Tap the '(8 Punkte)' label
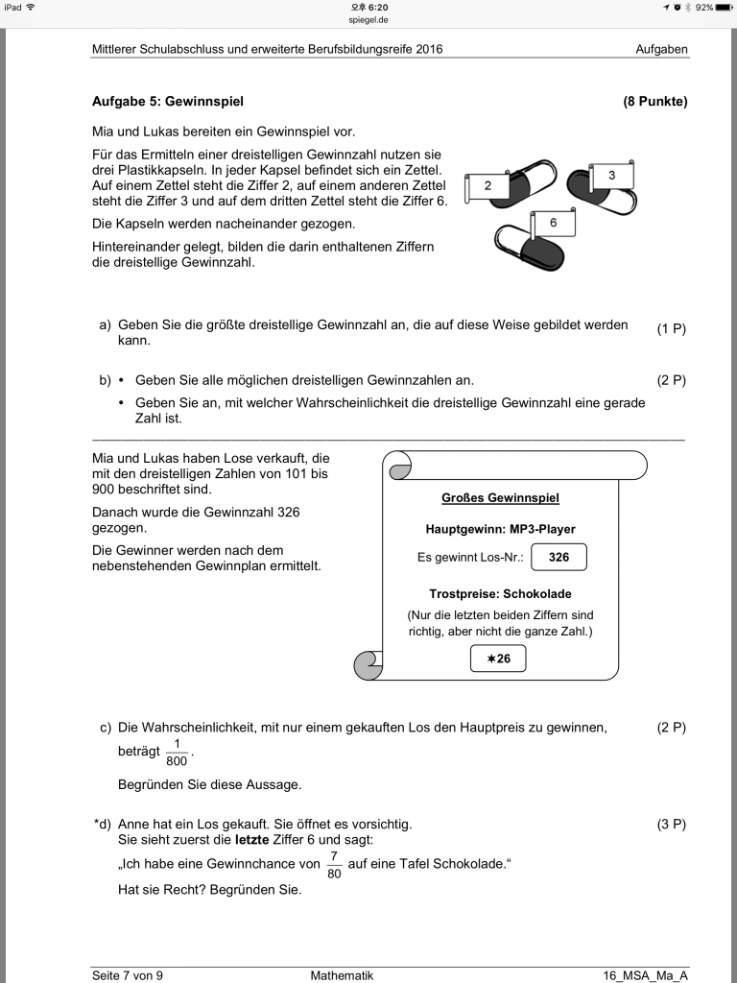(x=655, y=102)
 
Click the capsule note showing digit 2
(x=487, y=186)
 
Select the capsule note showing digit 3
(x=611, y=176)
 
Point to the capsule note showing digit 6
(x=554, y=223)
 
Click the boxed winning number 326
(x=558, y=557)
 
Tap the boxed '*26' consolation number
(x=498, y=659)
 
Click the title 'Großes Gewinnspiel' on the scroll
(x=500, y=498)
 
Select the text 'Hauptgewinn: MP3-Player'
(x=500, y=529)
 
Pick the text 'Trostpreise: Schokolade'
(x=500, y=594)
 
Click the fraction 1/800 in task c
(x=177, y=753)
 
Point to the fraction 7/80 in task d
(x=334, y=865)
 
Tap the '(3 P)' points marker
(x=671, y=825)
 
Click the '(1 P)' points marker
(x=671, y=329)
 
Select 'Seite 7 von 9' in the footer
(x=128, y=975)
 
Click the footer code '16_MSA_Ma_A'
(x=645, y=975)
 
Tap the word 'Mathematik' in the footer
(x=342, y=975)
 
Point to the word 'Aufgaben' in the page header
(x=661, y=49)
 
